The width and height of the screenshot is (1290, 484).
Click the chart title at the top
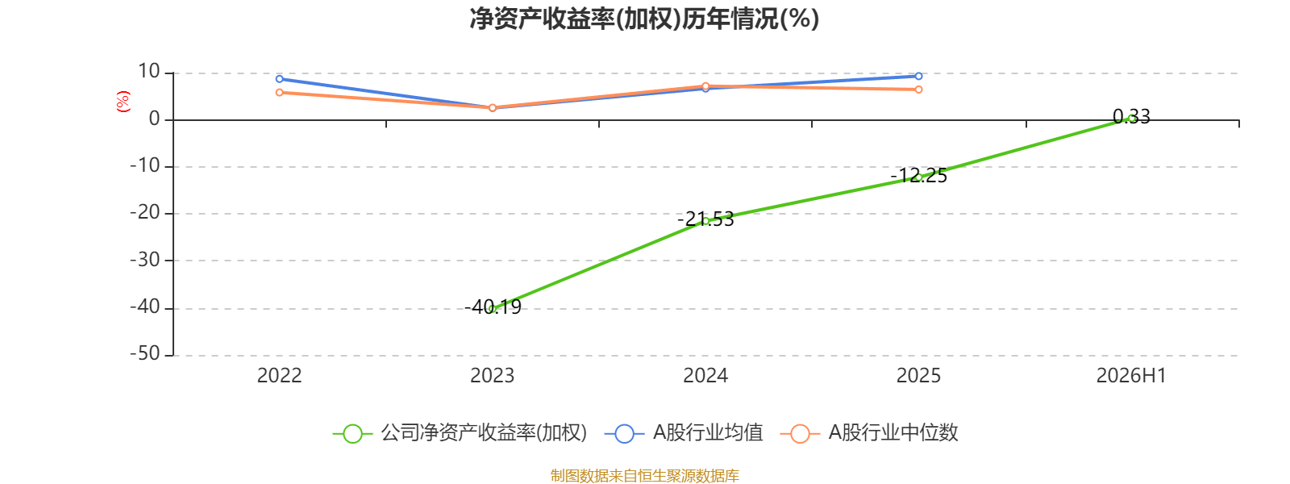pyautogui.click(x=644, y=19)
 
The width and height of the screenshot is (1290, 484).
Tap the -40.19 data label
pyautogui.click(x=493, y=307)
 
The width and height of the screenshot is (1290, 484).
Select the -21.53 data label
pyautogui.click(x=705, y=219)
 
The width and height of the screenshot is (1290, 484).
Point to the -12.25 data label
pyautogui.click(x=918, y=175)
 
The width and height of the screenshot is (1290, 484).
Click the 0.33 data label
pyautogui.click(x=1132, y=117)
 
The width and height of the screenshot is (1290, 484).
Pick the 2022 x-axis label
pyautogui.click(x=279, y=376)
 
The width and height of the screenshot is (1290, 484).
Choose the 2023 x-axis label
pyautogui.click(x=493, y=376)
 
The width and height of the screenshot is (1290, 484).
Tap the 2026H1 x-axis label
pyautogui.click(x=1131, y=376)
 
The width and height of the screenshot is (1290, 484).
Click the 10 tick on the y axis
pyautogui.click(x=148, y=72)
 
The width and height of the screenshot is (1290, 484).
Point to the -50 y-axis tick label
pyautogui.click(x=144, y=353)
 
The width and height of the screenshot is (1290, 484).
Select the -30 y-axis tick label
pyautogui.click(x=144, y=260)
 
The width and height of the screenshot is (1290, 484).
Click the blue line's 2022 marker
pyautogui.click(x=279, y=79)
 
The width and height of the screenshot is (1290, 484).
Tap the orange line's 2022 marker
pyautogui.click(x=279, y=92)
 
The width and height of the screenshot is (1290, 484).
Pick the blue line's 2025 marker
pyautogui.click(x=918, y=76)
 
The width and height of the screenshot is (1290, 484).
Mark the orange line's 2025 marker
pyautogui.click(x=918, y=90)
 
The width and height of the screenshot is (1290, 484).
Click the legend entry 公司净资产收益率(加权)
pyautogui.click(x=460, y=432)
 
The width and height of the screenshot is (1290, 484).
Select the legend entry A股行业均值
pyautogui.click(x=684, y=432)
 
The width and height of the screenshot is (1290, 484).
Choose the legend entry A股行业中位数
pyautogui.click(x=869, y=432)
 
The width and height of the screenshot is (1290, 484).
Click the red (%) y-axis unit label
pyautogui.click(x=123, y=102)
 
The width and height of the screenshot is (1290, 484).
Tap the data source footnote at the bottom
pyautogui.click(x=644, y=475)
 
